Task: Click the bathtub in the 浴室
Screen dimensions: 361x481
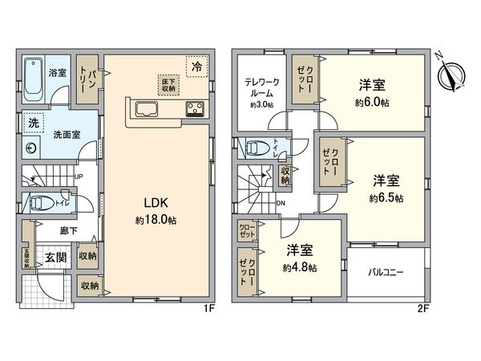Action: [x=34, y=78]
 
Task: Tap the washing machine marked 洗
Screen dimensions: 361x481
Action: [x=34, y=124]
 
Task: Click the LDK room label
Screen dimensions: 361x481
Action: [x=156, y=201]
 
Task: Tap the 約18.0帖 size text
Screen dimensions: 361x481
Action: [x=157, y=217]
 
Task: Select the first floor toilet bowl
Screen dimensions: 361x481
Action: [x=41, y=204]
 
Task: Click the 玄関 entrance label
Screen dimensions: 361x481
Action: [x=55, y=258]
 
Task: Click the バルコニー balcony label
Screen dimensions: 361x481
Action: [x=385, y=273]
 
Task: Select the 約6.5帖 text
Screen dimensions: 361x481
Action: [x=386, y=197]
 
